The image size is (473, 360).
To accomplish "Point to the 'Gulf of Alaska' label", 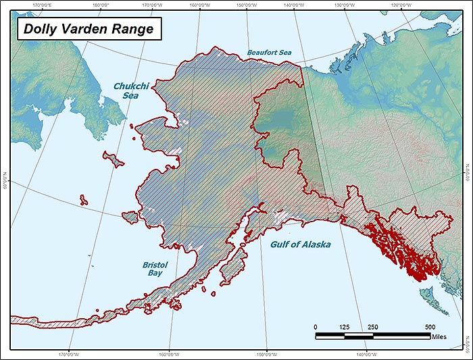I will (301, 245).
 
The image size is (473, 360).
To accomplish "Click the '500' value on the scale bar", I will (430, 326).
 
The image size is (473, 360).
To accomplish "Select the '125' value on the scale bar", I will (345, 326).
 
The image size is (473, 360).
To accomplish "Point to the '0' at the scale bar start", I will (316, 326).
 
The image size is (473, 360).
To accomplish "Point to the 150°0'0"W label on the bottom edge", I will (266, 355).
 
